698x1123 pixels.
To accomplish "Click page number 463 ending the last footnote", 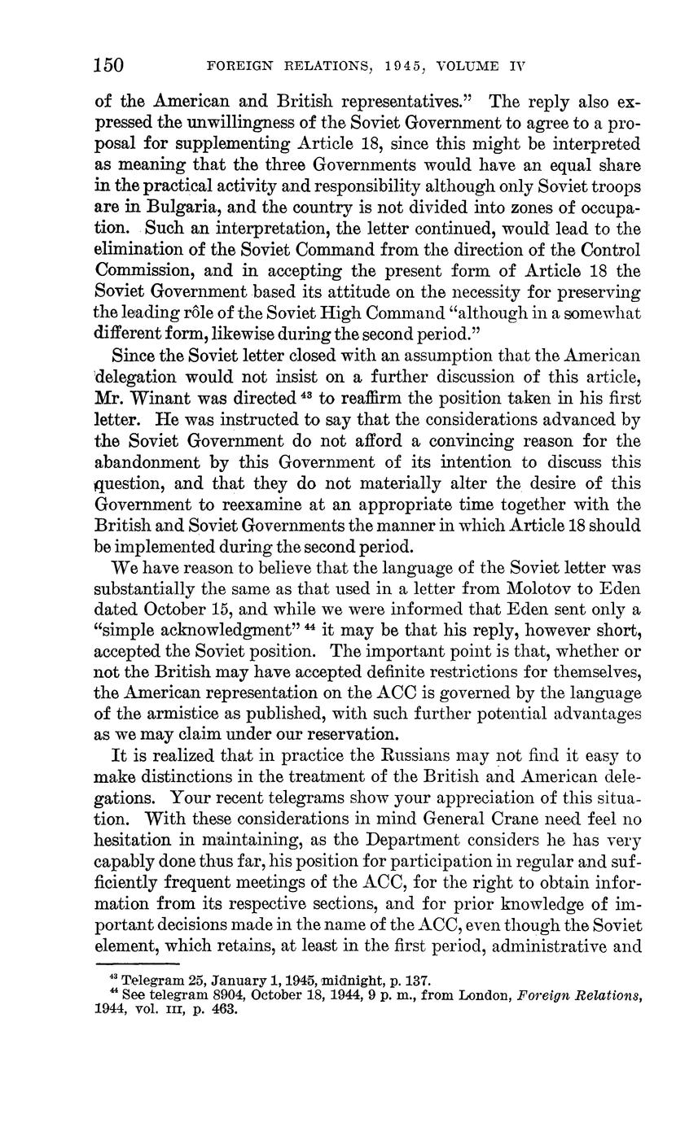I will tap(222, 1010).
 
